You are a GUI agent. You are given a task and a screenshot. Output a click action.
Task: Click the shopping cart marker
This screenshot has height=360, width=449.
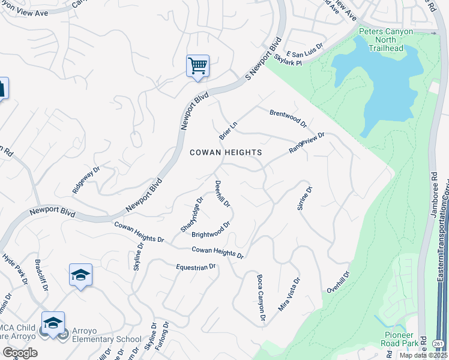(197, 66)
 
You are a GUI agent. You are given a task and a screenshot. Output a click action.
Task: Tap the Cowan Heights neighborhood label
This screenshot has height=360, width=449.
(226, 152)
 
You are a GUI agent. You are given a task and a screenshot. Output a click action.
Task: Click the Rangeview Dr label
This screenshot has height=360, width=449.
(306, 143)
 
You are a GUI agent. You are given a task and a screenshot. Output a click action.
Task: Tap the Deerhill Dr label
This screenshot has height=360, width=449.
(222, 193)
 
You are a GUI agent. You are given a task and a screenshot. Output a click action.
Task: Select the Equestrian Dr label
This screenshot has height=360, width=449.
(196, 267)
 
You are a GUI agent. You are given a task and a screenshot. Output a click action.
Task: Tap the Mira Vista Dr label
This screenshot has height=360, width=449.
(288, 294)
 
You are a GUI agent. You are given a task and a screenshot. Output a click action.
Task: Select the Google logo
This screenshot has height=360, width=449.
(20, 353)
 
